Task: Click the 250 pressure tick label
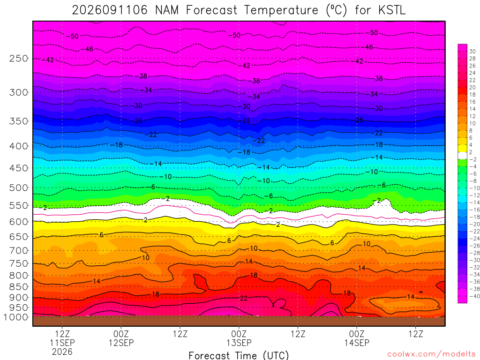(x=19, y=58)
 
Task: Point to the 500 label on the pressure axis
(x=19, y=187)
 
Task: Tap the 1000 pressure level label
(x=16, y=317)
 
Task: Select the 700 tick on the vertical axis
(x=19, y=251)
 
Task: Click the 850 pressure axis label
(x=19, y=287)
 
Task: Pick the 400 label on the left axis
(x=19, y=146)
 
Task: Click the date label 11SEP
(x=62, y=343)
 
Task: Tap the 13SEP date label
(x=239, y=343)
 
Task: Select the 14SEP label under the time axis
(x=357, y=343)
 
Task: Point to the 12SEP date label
(x=121, y=343)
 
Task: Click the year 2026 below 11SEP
(x=62, y=352)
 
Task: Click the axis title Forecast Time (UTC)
(x=239, y=355)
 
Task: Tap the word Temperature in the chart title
(x=281, y=10)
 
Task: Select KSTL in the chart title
(x=392, y=10)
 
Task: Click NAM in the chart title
(x=167, y=10)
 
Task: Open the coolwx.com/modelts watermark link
(x=432, y=354)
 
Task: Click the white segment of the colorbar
(x=462, y=156)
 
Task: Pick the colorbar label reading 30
(x=472, y=52)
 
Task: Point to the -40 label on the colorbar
(x=474, y=296)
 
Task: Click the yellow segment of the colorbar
(x=462, y=149)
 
